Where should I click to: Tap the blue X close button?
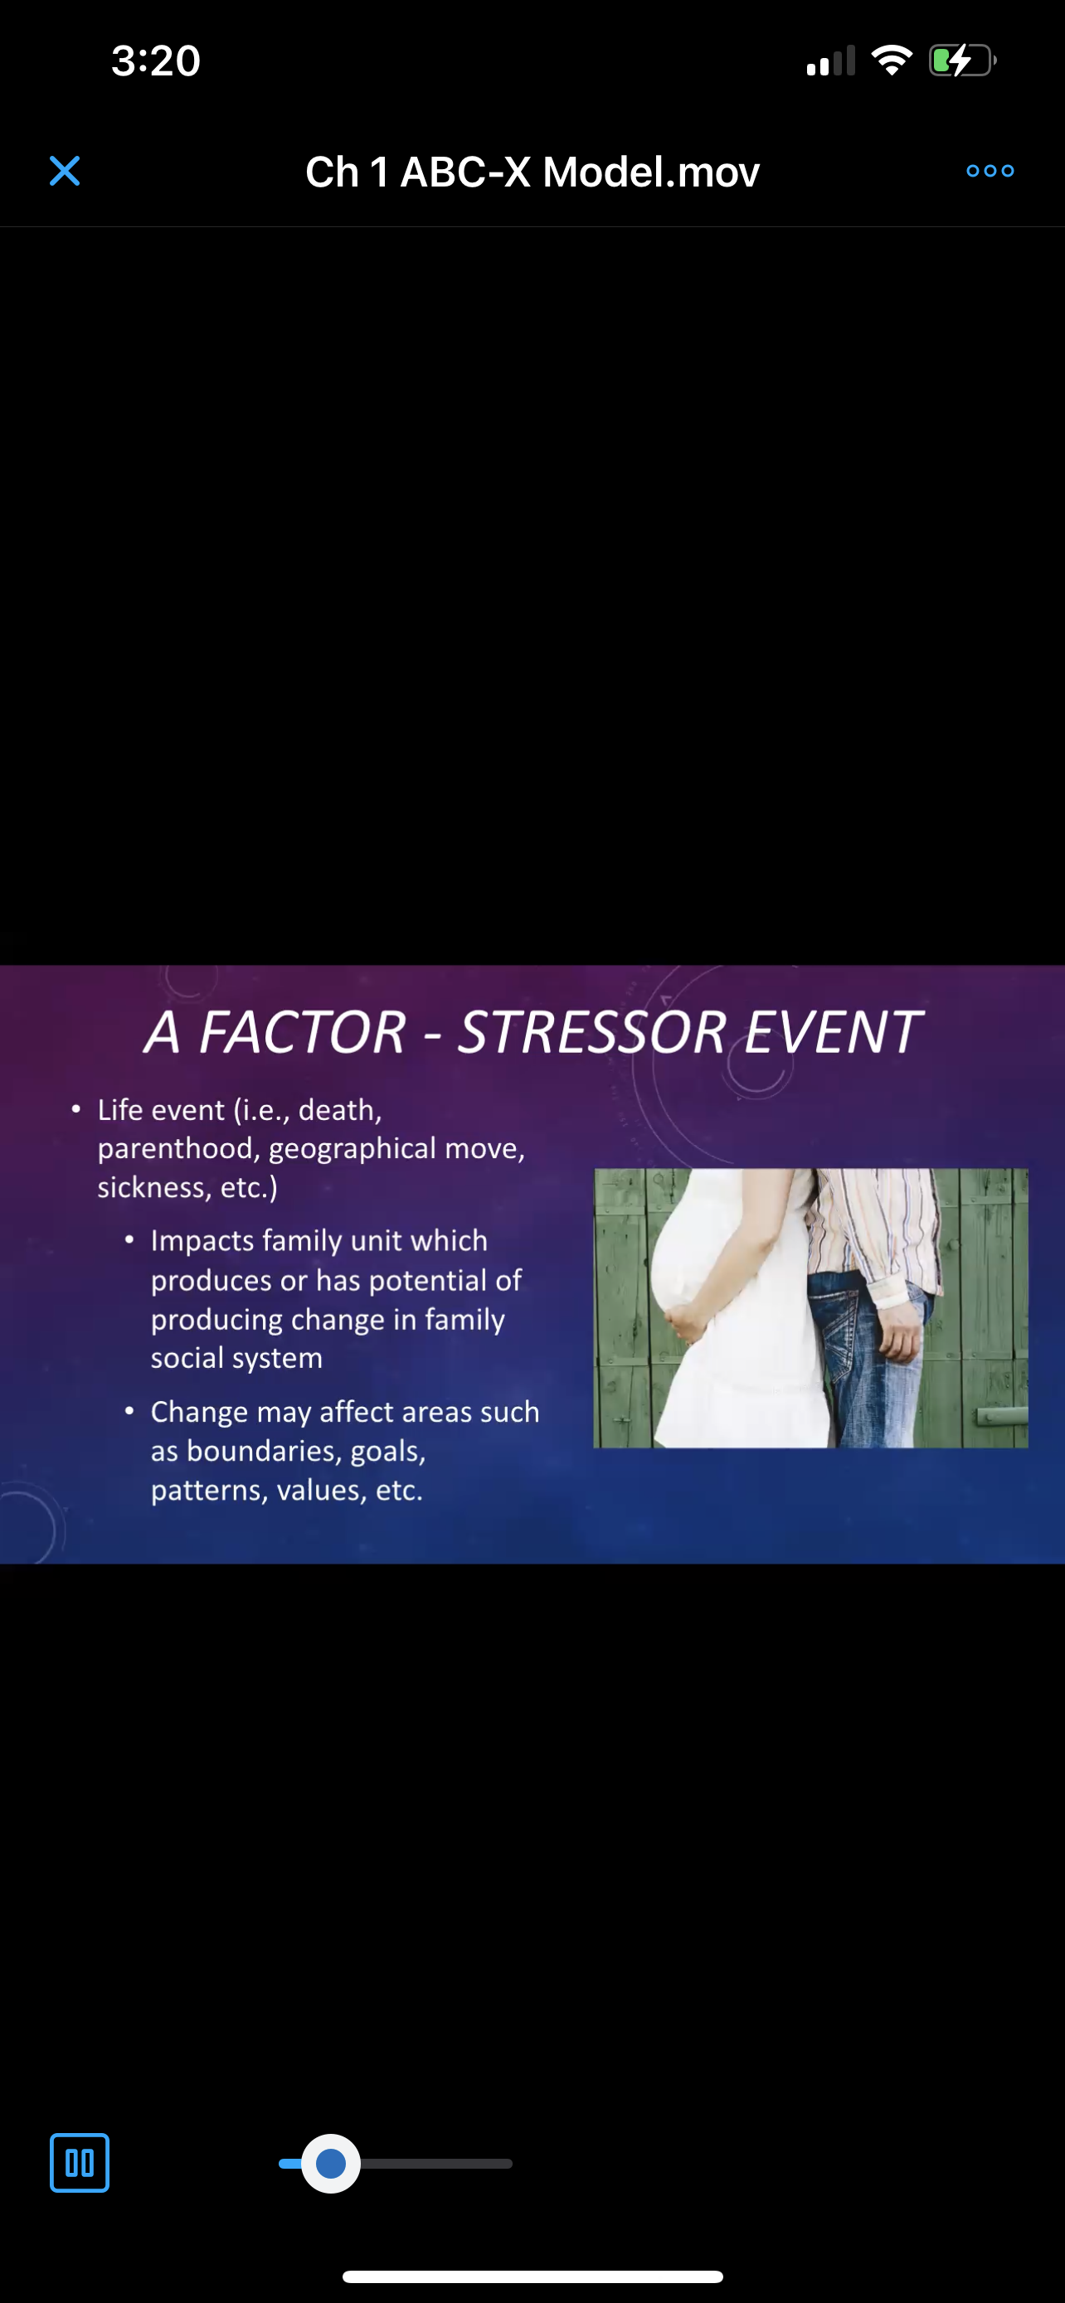[65, 171]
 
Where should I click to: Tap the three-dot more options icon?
[990, 171]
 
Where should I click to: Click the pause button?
[80, 2163]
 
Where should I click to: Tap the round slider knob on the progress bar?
[331, 2164]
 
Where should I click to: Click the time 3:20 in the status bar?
[156, 61]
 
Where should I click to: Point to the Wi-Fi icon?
[892, 61]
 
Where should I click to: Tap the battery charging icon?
[962, 61]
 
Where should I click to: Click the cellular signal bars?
[831, 61]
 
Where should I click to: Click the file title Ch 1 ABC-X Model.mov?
[532, 172]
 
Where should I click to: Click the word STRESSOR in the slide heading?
[591, 1033]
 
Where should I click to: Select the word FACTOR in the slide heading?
[302, 1033]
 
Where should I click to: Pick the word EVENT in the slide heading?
[833, 1033]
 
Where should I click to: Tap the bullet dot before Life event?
[76, 1109]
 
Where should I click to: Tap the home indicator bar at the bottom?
[532, 2276]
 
